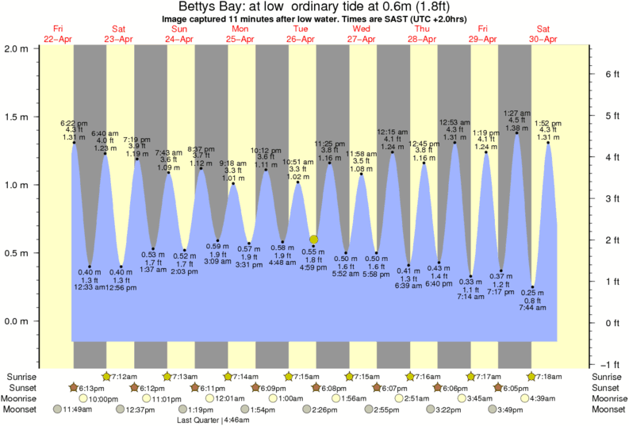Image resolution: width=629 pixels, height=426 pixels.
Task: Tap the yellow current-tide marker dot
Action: click(314, 239)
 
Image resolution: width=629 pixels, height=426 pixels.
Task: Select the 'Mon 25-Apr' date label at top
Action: click(240, 33)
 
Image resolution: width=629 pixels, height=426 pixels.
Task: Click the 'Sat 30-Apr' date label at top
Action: click(544, 33)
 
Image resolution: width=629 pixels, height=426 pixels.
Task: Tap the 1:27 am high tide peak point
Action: click(517, 133)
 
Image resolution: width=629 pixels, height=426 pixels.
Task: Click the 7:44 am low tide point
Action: click(533, 287)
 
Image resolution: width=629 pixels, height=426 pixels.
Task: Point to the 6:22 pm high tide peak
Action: click(74, 143)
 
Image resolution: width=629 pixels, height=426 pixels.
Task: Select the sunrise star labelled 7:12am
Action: click(107, 375)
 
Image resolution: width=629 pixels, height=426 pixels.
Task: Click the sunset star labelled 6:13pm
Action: click(75, 387)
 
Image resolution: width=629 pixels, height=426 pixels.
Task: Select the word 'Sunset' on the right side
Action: click(605, 387)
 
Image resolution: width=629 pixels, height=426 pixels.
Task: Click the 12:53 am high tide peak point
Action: click(454, 143)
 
